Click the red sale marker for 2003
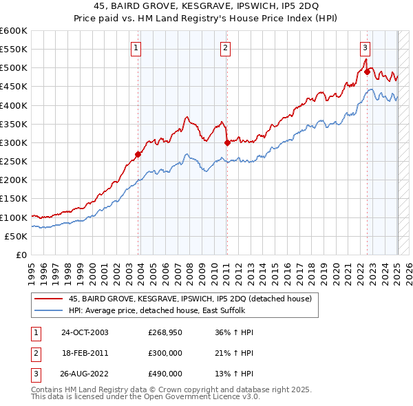click(138, 154)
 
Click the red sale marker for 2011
click(227, 142)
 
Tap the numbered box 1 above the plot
click(136, 47)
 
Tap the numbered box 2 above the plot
click(225, 47)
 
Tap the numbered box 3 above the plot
click(365, 47)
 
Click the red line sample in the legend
click(49, 299)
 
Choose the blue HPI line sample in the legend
click(49, 310)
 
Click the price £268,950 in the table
click(165, 332)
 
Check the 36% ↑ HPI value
click(230, 332)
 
